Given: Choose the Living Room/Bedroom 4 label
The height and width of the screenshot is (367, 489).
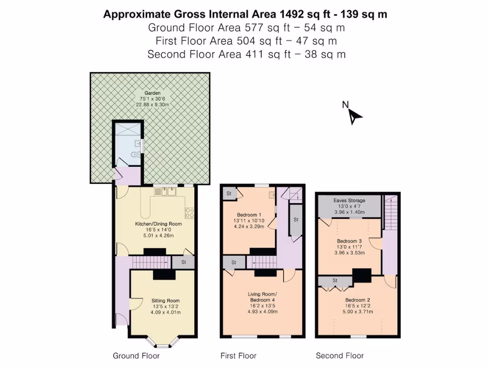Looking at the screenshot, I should click(262, 297).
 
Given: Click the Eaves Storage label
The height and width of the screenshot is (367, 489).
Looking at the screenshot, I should click(349, 201).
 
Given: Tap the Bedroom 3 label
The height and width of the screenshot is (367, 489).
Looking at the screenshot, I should click(350, 241).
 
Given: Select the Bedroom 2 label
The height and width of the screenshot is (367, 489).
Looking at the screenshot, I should click(358, 300).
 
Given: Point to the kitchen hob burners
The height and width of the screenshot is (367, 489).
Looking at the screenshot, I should click(189, 212).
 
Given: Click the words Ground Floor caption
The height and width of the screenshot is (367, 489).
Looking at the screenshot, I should click(136, 356).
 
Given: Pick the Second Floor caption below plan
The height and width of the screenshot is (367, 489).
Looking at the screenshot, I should click(340, 356).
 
